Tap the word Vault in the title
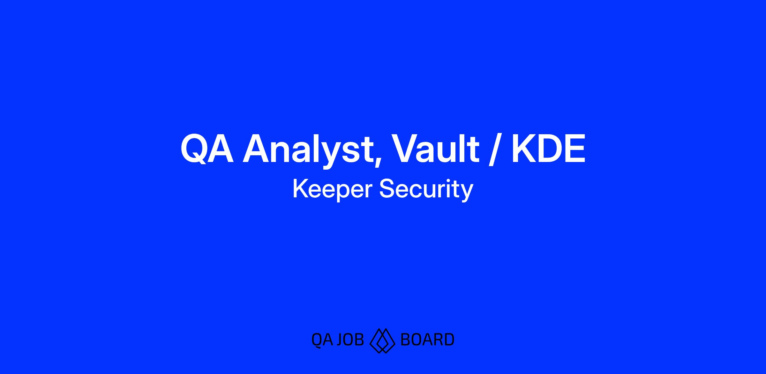coord(435,149)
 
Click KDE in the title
coord(548,149)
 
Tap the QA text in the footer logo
coord(322,340)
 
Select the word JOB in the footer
coord(350,340)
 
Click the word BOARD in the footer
coord(427,340)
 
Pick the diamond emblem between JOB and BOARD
coord(382,341)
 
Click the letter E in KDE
coord(574,149)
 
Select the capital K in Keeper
coord(300,189)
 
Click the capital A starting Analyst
coord(258,149)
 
